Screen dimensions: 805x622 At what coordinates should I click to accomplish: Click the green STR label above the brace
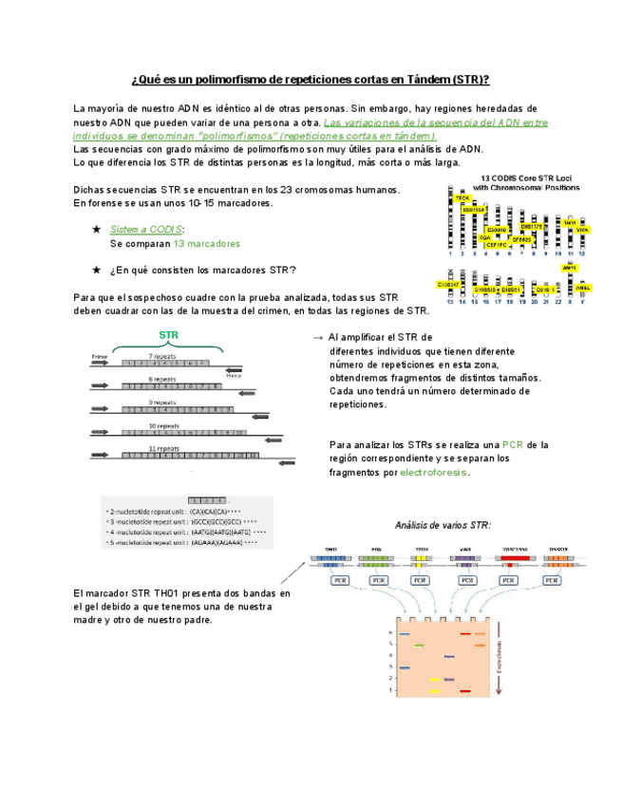coord(168,335)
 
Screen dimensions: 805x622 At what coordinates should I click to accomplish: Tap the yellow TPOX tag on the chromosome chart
coord(462,197)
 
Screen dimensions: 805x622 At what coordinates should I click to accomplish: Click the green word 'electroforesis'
coord(434,472)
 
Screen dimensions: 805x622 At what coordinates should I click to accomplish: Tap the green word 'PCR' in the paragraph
coord(513,444)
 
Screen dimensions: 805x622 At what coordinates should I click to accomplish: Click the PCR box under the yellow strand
coord(422,580)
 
